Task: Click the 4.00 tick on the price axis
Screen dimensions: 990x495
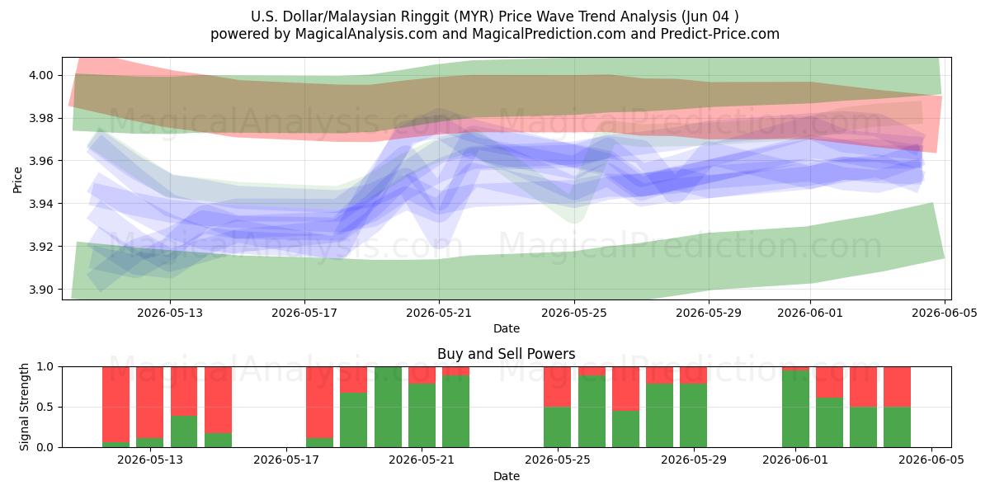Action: click(x=40, y=75)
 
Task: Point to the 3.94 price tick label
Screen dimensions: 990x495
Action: click(x=40, y=204)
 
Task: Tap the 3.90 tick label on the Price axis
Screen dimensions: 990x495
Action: click(x=40, y=290)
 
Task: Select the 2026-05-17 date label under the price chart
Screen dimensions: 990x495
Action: click(x=304, y=313)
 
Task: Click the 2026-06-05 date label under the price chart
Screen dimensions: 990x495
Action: click(x=945, y=313)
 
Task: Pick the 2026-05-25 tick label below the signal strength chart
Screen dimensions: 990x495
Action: click(x=558, y=460)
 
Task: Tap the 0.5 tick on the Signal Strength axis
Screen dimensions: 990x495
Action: click(x=45, y=407)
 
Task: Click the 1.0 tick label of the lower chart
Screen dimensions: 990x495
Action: click(x=45, y=366)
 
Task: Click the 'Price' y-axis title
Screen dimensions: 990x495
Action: click(x=17, y=180)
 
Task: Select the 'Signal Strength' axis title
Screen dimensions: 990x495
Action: click(x=24, y=407)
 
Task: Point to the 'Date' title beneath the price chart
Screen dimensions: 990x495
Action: click(x=507, y=328)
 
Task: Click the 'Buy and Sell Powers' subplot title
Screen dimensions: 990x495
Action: click(x=507, y=354)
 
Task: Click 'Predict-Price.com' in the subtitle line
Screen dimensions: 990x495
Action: click(x=720, y=34)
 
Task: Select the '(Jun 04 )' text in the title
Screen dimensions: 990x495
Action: click(x=710, y=16)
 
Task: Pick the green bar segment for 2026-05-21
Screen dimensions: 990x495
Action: click(x=422, y=416)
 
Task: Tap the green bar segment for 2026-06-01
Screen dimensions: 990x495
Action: click(x=795, y=409)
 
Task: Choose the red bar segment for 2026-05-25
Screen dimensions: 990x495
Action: click(x=558, y=387)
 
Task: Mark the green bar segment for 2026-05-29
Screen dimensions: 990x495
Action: click(x=694, y=416)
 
